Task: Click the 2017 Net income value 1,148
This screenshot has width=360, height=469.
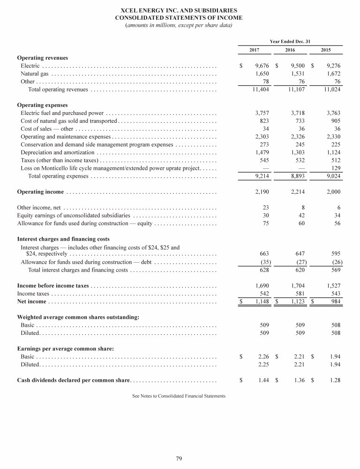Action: (x=260, y=301)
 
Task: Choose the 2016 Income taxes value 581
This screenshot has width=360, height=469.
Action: (x=298, y=293)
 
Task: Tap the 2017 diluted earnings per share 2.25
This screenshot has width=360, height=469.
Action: (x=262, y=364)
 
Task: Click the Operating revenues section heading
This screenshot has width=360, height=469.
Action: (x=42, y=58)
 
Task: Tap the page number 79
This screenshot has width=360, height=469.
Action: (x=179, y=458)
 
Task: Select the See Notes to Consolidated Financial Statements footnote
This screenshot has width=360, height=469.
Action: (x=179, y=396)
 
